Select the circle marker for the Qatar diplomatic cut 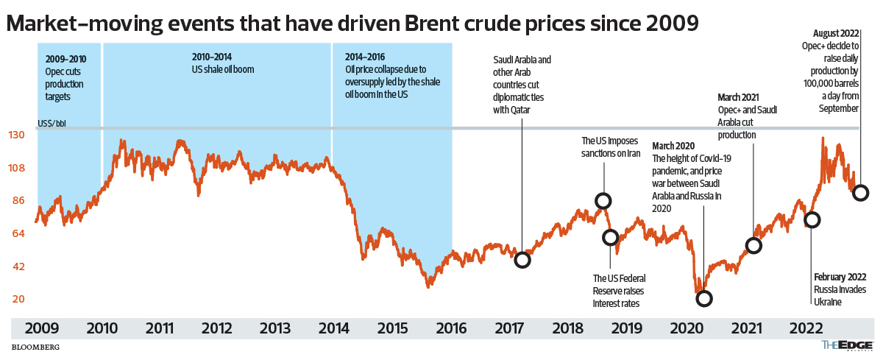[x=522, y=260]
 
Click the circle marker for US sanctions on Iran [x=603, y=201]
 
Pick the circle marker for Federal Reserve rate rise [x=610, y=237]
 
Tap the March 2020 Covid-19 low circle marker [x=704, y=298]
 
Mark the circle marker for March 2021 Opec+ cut [x=753, y=246]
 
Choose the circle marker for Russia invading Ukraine [x=812, y=219]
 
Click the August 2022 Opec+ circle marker [x=860, y=193]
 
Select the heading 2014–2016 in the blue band [x=365, y=57]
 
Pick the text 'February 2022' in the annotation [x=840, y=277]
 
